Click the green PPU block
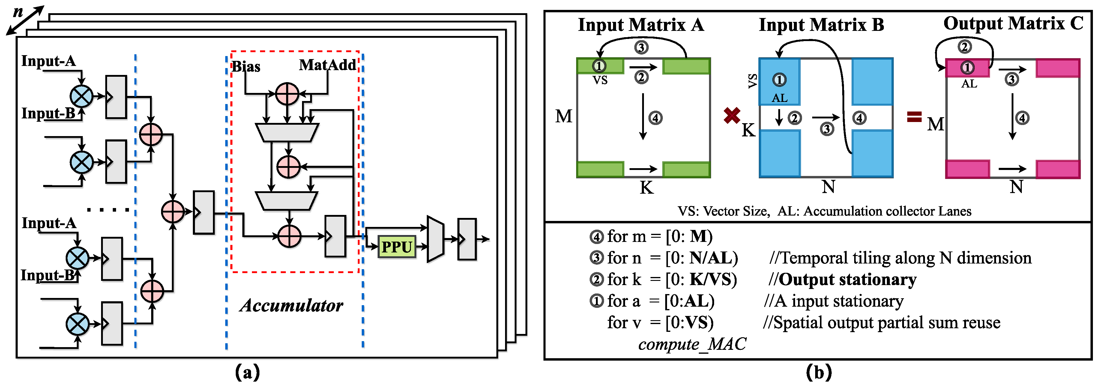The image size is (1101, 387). pos(396,247)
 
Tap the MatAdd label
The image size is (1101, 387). pos(328,65)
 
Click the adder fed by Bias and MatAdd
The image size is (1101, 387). pos(287,94)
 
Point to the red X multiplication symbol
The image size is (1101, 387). pos(732,115)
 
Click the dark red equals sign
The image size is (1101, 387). pos(914,116)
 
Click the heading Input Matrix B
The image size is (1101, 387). pos(821,25)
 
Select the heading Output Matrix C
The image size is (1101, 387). pos(1013,23)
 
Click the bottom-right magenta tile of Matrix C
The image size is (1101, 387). pos(1058,169)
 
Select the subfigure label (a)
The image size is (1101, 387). pos(247,372)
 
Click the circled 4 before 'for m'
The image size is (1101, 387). pos(596,237)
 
